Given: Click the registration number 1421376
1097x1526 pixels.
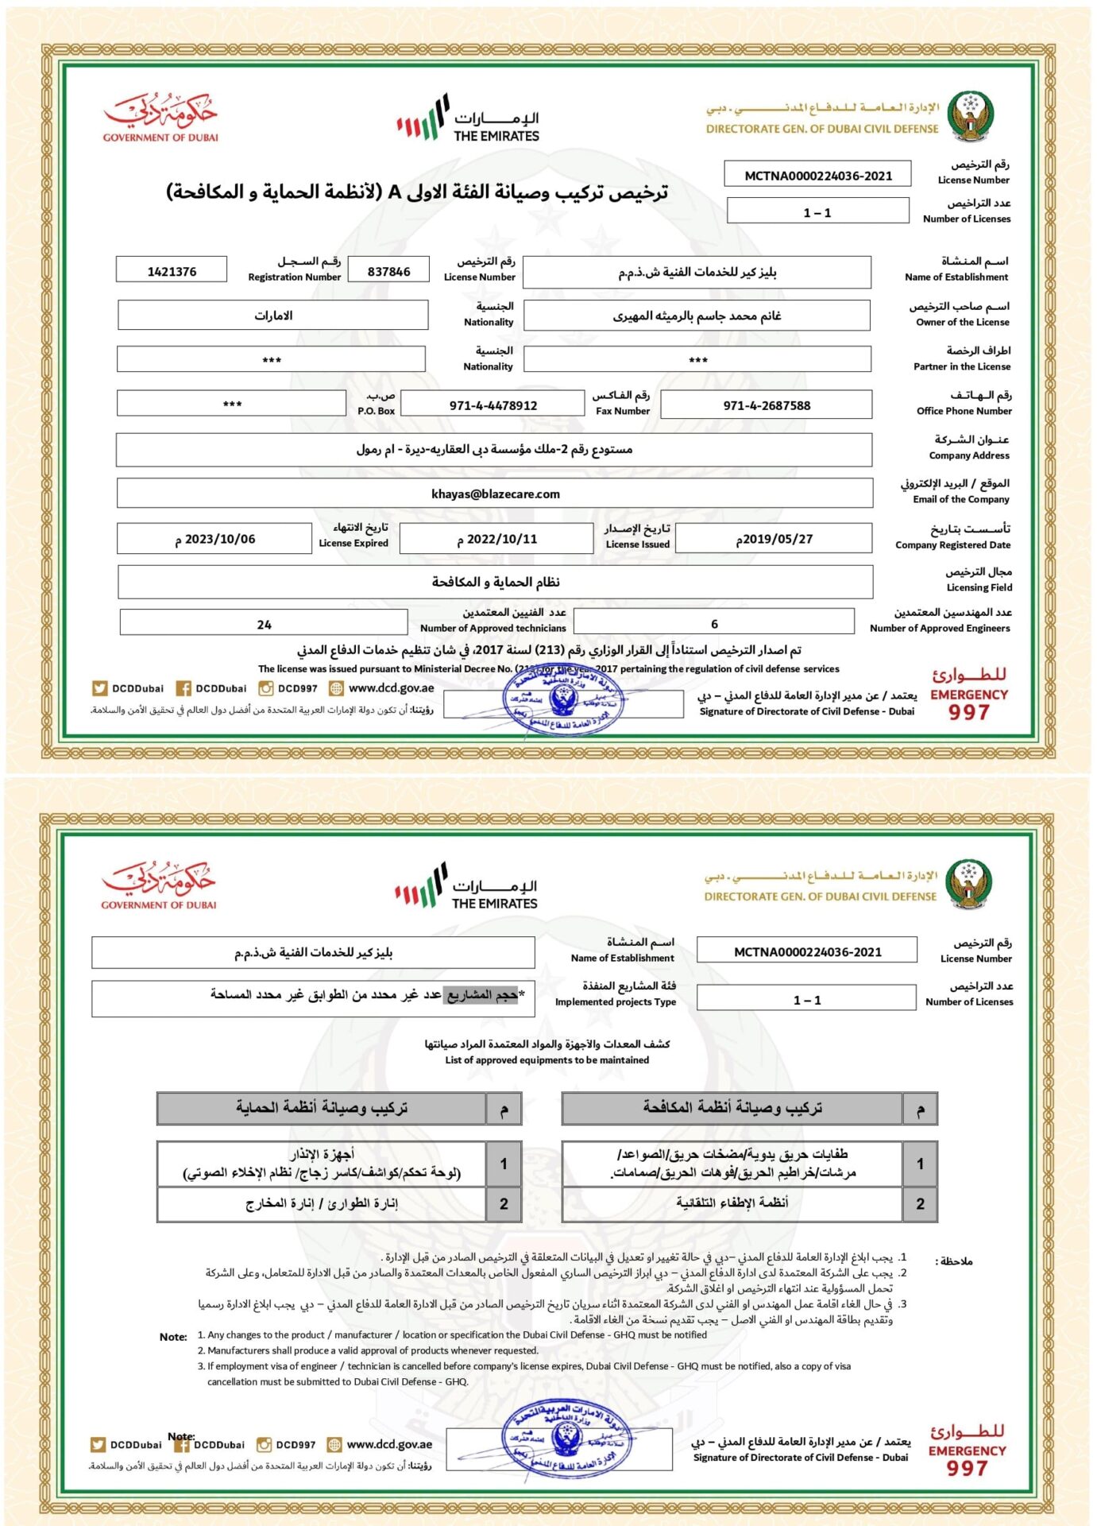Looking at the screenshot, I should tap(172, 272).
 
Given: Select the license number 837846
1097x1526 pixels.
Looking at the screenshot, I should tap(388, 272).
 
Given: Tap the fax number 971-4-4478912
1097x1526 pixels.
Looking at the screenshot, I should tap(492, 405).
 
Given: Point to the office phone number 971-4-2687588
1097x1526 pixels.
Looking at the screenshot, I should tap(767, 405).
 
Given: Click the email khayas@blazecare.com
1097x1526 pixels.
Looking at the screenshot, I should tap(495, 494).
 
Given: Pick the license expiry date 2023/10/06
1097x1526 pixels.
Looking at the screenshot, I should tap(215, 539).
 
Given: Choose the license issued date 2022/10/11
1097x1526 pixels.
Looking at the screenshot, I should tap(497, 539).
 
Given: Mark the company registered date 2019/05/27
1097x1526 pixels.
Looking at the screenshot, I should tap(774, 539).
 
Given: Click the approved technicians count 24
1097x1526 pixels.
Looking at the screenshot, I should tap(264, 625).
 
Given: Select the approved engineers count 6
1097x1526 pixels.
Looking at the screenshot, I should tap(714, 624).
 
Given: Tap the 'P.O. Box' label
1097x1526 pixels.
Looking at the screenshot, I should tap(376, 411).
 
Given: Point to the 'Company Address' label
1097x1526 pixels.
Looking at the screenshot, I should tap(969, 455).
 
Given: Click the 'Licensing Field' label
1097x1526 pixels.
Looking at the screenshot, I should tap(979, 587).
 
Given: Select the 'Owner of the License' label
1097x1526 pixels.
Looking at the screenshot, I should tap(962, 322).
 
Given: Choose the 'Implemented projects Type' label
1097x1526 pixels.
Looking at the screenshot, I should tap(615, 1002).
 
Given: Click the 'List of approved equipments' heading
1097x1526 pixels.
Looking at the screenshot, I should tap(547, 1060).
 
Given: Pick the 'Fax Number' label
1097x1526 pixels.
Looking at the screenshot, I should tap(622, 411).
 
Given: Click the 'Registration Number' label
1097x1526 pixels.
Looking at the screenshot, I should tap(294, 277).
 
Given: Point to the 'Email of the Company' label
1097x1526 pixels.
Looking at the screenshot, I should tap(960, 499).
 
